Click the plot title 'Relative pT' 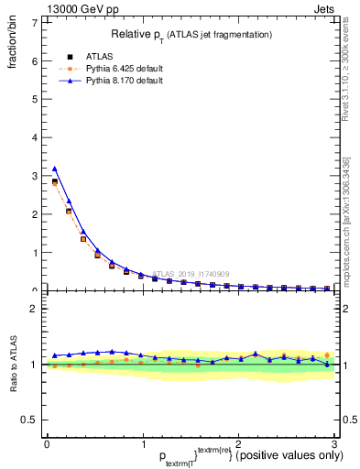click(190, 34)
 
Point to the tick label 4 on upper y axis click(34, 137)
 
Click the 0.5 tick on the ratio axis click(29, 420)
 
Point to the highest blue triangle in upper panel click(54, 169)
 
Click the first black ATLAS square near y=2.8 click(54, 182)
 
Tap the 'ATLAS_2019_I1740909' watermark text click(193, 273)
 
